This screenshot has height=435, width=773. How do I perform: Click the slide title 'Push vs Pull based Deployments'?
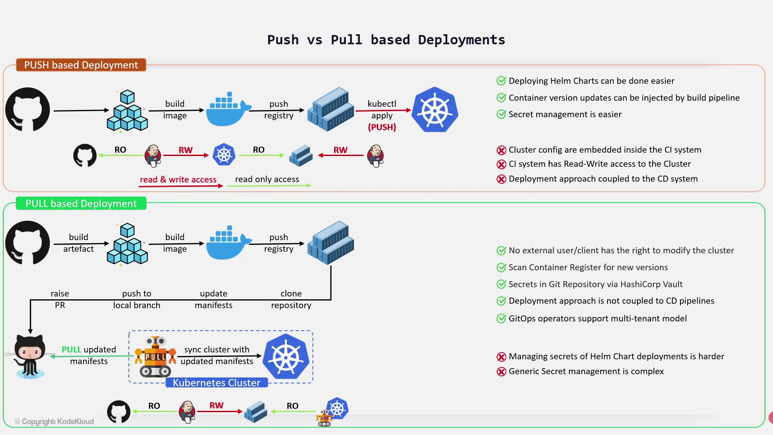(x=386, y=40)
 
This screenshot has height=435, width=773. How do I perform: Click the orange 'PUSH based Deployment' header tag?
(x=81, y=65)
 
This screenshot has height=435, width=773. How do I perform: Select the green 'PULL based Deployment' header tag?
(x=81, y=203)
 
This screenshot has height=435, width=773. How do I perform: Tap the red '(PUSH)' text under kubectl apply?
(x=382, y=127)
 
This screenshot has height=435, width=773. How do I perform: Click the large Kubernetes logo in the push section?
(x=435, y=110)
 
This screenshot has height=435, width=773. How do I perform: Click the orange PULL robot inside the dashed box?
(x=155, y=356)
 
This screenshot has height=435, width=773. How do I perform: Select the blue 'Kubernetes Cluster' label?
(x=217, y=383)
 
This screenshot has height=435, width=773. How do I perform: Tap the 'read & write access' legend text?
(x=178, y=180)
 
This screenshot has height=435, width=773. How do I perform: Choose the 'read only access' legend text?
(x=267, y=179)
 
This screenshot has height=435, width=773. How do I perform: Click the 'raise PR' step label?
(x=60, y=299)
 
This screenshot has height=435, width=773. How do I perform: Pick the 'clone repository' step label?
(x=291, y=299)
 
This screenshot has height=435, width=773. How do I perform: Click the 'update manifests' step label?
(x=213, y=299)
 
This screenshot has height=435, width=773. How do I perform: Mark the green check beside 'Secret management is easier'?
(x=501, y=114)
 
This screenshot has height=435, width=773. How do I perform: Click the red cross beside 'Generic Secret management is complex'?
(x=501, y=371)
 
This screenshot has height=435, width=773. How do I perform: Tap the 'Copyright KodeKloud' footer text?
(x=54, y=421)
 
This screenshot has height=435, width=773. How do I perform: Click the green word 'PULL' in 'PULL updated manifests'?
(x=71, y=350)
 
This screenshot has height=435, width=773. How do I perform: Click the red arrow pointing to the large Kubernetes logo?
(x=383, y=110)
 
